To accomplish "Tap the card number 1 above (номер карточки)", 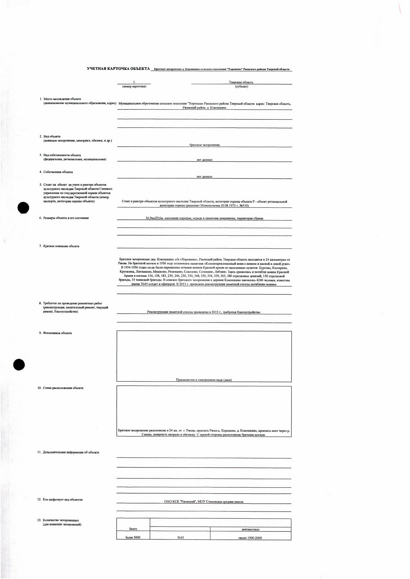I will click(134, 82).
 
